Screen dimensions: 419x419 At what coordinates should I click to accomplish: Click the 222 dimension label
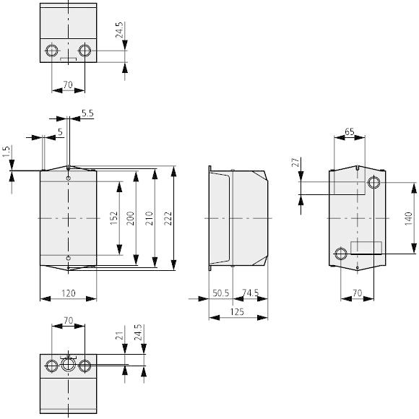coord(168,218)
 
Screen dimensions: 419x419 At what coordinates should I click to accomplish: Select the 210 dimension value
coord(149,218)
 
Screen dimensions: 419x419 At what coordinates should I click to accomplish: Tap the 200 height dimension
coord(131,218)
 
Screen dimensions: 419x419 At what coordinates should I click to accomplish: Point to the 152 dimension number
coord(114,218)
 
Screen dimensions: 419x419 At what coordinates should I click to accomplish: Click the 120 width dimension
coord(69,293)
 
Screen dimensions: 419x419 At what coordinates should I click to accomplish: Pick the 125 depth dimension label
coord(237,312)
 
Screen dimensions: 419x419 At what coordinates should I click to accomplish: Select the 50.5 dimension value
coord(221,293)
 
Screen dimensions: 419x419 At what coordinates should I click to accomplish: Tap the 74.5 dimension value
coord(251,293)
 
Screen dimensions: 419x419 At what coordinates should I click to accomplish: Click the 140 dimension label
coord(408,218)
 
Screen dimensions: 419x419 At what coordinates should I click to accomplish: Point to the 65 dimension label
coord(350,131)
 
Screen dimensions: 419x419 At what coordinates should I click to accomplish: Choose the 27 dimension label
coord(295,163)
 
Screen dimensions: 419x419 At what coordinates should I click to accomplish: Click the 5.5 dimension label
coord(87,113)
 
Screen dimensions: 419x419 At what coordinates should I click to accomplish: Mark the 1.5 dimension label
coord(7,152)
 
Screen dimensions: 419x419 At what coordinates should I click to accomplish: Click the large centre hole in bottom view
coord(68,364)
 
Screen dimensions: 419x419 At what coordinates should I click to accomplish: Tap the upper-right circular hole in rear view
coord(373,183)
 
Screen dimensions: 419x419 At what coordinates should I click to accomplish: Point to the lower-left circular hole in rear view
coord(341,254)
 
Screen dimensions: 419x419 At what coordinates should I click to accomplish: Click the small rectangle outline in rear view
coord(366,248)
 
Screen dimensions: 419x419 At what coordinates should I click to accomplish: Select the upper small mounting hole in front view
coord(69,178)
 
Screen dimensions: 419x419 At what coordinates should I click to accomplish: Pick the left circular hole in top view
coord(51,51)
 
